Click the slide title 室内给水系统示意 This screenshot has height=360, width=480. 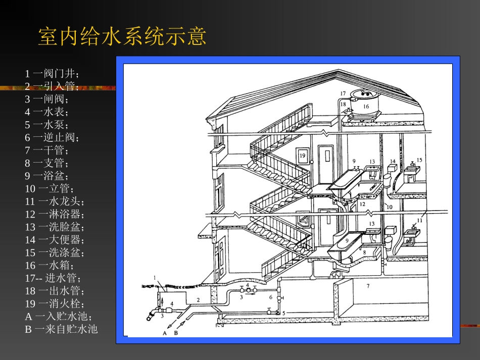point(122,37)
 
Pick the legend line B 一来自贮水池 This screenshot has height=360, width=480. point(61,329)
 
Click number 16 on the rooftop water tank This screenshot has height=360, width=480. point(366,106)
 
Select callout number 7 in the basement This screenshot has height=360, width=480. point(368,286)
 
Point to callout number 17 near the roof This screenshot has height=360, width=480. point(343,93)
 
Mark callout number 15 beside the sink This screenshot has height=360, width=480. point(419,160)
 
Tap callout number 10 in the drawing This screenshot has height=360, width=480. point(389,207)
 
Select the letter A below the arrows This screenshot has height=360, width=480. point(165,334)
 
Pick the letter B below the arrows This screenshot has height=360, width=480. point(176,334)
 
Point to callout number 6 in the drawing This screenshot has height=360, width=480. point(270,297)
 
